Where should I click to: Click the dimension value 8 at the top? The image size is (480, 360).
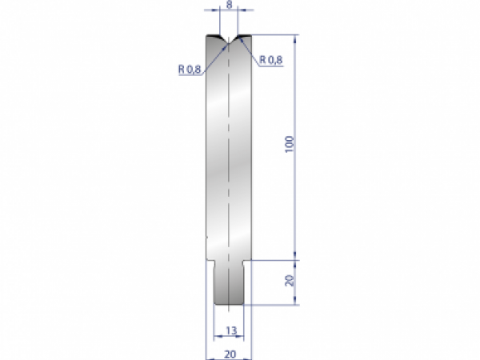point(230,4)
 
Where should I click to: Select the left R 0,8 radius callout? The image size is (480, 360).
point(189,69)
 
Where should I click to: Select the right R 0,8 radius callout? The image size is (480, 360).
point(272,59)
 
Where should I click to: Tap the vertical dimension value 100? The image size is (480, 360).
point(290,146)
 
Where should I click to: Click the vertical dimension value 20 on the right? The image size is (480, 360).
point(290,281)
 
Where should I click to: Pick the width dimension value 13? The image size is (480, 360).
point(230,329)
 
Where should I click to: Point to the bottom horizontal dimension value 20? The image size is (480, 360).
point(230,351)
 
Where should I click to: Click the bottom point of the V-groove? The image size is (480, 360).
point(230,43)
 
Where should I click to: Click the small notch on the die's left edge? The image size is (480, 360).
point(206,237)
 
